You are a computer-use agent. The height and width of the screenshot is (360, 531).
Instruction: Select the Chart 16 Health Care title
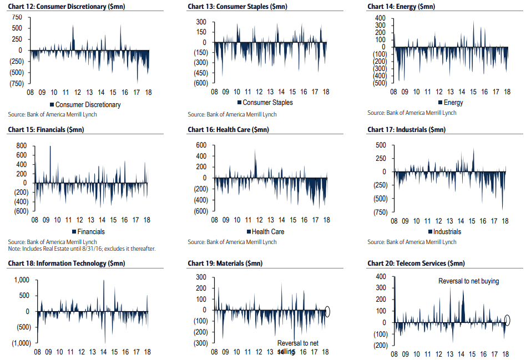click(228, 130)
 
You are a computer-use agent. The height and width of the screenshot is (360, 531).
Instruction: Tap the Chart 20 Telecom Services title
click(416, 263)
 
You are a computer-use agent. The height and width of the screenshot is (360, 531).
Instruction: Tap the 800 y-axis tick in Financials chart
click(21, 145)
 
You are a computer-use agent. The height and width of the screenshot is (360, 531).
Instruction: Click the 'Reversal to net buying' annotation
click(468, 281)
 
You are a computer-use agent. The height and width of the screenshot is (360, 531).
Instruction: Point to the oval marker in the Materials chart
click(327, 311)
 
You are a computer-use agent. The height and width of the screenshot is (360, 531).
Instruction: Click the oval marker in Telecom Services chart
click(507, 320)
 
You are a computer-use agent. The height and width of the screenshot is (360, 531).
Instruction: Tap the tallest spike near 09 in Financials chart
click(50, 147)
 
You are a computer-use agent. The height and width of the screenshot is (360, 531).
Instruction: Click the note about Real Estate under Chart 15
click(82, 249)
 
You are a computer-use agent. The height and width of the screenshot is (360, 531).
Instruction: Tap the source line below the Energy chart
click(412, 113)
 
